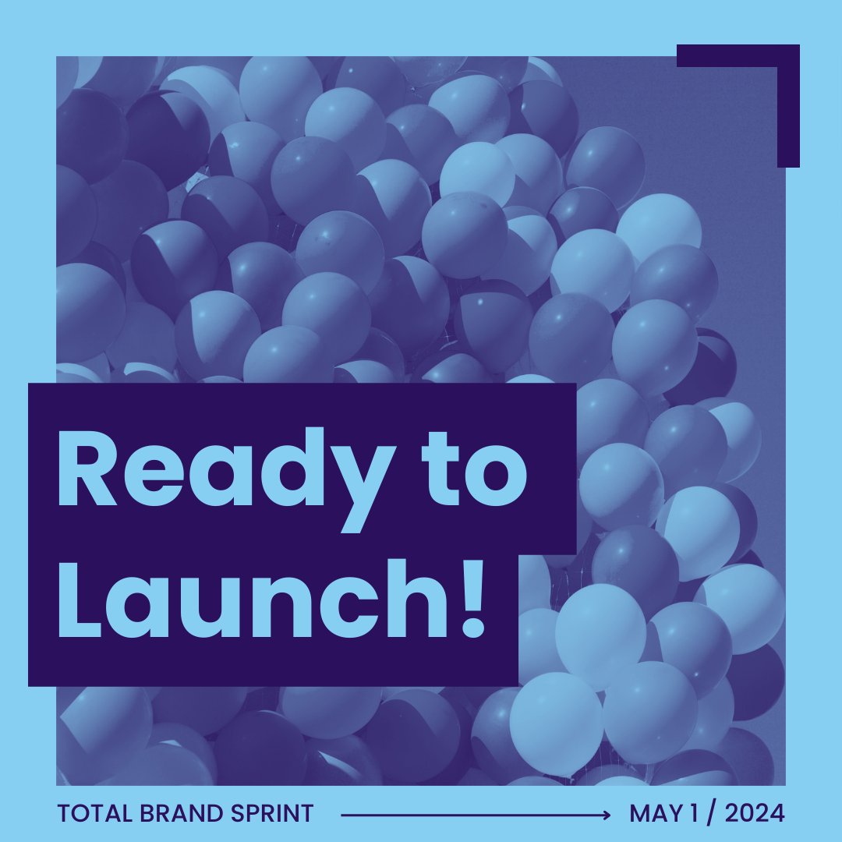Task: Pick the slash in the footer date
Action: (711, 814)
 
